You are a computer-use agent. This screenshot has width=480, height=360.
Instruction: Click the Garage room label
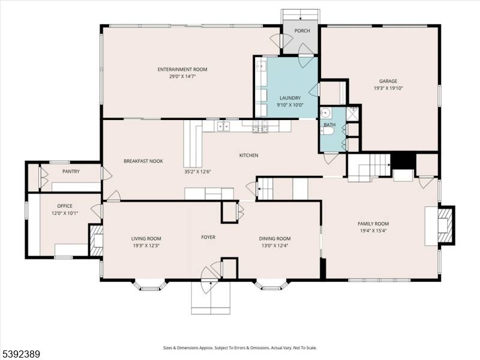(x=388, y=81)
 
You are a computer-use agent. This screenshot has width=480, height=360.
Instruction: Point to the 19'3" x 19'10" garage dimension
(x=388, y=88)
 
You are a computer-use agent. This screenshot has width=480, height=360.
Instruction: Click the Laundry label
(x=290, y=98)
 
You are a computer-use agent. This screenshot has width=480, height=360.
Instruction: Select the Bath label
(x=329, y=125)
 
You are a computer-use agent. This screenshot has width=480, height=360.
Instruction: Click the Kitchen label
(x=248, y=155)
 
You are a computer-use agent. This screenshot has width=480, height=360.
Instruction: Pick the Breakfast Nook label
(x=143, y=161)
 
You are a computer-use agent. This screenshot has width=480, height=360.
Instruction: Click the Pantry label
(x=71, y=172)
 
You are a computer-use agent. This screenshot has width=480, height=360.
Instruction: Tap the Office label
(x=64, y=206)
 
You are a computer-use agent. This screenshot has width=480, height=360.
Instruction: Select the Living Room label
(x=146, y=238)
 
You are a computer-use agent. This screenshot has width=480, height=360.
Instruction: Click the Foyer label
(x=208, y=237)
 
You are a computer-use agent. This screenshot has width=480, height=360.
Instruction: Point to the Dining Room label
(x=275, y=238)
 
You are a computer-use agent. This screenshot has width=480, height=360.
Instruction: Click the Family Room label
(x=373, y=223)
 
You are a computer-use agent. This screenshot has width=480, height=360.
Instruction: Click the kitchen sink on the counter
(x=223, y=126)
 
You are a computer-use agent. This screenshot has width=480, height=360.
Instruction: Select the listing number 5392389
(x=21, y=355)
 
